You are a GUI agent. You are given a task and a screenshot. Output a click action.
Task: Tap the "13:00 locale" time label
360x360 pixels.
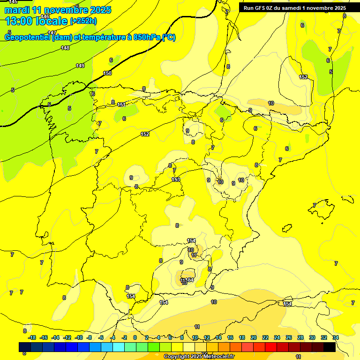pos(37,21)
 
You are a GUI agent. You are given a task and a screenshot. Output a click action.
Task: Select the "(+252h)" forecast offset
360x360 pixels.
pos(83,21)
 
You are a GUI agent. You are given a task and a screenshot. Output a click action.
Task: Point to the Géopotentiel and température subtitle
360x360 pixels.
pos(90,37)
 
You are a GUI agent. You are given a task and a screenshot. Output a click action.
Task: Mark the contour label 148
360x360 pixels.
pos(65,48)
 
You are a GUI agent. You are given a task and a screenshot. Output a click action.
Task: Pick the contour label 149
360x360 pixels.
pos(80,66)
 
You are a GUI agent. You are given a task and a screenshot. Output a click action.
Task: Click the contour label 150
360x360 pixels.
pos(107,73)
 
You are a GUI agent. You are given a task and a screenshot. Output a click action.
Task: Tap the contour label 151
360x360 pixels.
pos(121,105)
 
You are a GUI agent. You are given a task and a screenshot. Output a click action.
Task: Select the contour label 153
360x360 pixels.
pos(176,180)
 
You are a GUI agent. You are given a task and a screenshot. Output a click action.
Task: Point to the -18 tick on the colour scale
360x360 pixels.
pos(32,337)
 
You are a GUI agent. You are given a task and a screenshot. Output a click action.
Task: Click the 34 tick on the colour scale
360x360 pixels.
pos(336,337)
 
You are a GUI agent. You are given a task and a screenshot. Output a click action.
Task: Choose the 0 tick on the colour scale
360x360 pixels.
pos(135,337)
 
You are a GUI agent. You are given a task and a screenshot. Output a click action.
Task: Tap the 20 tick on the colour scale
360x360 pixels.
pos(254,337)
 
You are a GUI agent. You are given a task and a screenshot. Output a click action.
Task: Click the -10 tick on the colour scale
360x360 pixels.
pos(79,337)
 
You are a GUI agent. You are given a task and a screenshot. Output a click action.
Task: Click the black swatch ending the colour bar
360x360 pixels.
pos(330,347)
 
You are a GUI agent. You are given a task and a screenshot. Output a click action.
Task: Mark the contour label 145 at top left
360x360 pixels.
pos(13,2)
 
